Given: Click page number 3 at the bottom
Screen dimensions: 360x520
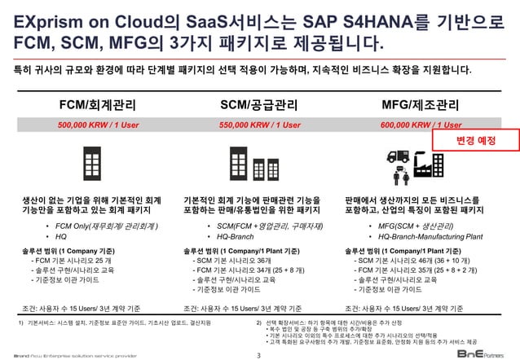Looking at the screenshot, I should [x=259, y=353].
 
